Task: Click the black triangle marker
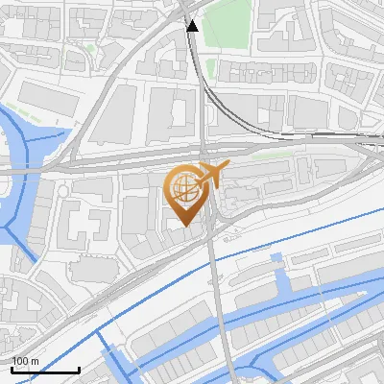[192, 25]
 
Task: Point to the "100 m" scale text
[25, 361]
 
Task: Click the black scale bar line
[45, 370]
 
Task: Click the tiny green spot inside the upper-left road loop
[89, 48]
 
